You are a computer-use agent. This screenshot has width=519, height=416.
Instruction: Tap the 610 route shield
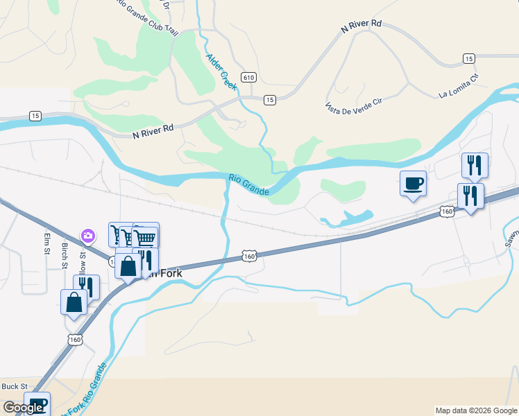tap(248, 76)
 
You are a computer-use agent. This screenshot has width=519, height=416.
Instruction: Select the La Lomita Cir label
tap(459, 89)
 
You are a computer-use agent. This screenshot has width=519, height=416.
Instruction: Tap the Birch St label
tap(65, 255)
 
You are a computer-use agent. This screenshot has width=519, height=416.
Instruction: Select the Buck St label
tap(14, 386)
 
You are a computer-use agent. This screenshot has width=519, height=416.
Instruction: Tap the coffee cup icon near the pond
tap(413, 184)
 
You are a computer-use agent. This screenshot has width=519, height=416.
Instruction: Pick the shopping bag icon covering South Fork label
tap(129, 266)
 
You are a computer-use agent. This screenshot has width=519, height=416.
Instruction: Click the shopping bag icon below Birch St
tap(74, 303)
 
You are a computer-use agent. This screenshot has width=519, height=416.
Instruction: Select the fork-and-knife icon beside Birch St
tap(87, 287)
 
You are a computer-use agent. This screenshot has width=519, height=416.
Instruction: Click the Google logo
tap(23, 408)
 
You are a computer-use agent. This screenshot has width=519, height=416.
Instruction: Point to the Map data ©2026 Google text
tap(476, 410)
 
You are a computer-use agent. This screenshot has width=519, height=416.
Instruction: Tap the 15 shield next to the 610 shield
tap(270, 101)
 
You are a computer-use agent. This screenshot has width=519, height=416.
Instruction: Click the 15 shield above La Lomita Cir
tap(469, 59)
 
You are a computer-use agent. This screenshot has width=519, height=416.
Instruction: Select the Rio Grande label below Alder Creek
tap(248, 185)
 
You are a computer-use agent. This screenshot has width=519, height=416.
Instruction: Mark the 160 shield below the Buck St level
tap(76, 339)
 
